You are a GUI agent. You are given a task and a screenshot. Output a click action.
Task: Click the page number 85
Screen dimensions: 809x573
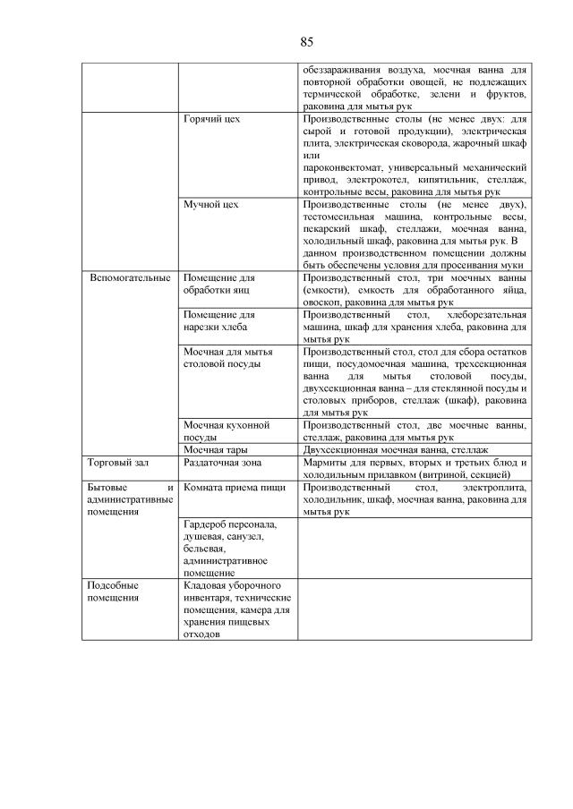pyautogui.click(x=306, y=42)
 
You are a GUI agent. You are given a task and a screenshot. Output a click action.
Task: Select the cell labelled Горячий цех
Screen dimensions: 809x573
pyautogui.click(x=211, y=118)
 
